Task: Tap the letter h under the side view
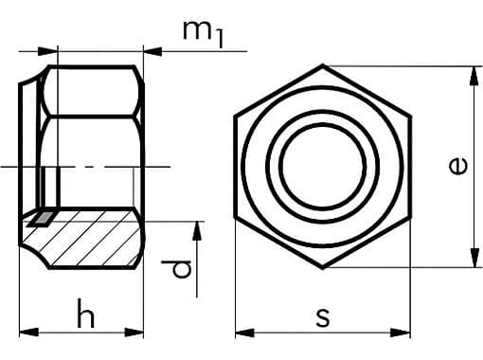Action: point(86,315)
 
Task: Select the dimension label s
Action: point(323,315)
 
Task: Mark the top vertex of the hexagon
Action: point(323,65)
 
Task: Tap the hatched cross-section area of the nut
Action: point(95,242)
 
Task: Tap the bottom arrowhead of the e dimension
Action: point(471,262)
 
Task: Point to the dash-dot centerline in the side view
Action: point(95,168)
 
